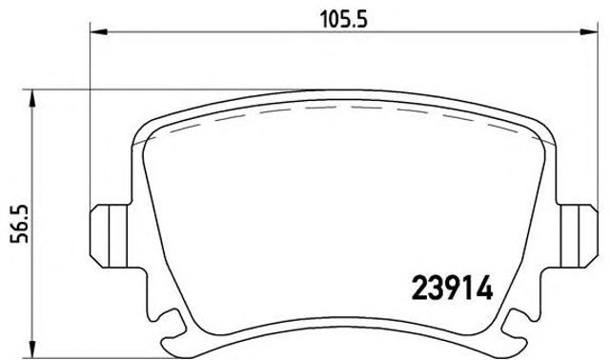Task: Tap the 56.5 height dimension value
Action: pos(12,224)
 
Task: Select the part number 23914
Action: pos(452,288)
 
